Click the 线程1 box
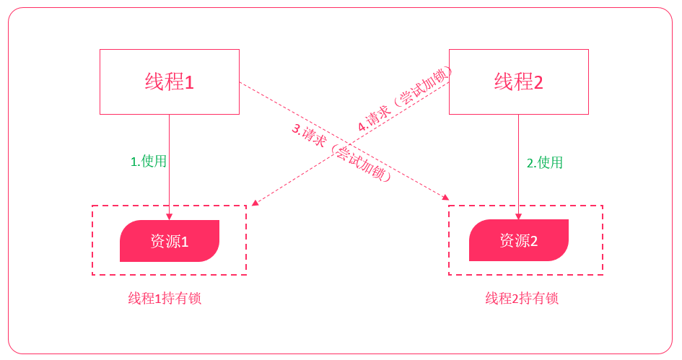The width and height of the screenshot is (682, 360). pos(169,82)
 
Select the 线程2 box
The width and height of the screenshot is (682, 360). pos(518,82)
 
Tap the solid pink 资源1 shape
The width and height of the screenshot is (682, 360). pos(169,241)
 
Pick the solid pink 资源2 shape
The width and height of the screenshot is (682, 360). pos(518,241)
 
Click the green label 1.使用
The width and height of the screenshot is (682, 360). pos(148,162)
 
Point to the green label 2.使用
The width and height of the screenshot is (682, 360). pos(544,163)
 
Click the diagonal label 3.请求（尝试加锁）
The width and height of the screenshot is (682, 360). pos(341,153)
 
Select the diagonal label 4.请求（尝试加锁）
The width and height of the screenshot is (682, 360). pos(405,99)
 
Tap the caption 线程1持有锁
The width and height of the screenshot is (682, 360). pos(165,299)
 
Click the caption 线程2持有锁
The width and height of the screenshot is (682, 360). pos(521,299)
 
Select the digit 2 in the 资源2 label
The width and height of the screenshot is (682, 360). pos(534,242)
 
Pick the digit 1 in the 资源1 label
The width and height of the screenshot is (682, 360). pos(185,242)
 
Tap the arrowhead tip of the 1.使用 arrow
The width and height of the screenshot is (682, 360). pos(170,219)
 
